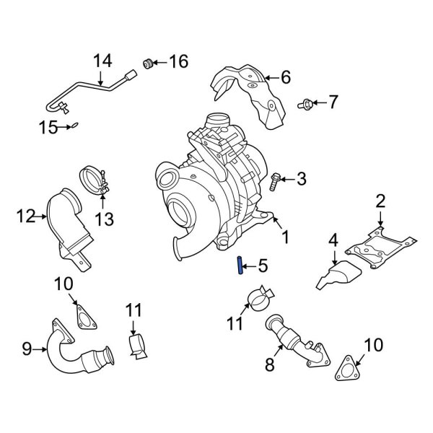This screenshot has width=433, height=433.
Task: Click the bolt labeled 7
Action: pos(305,104)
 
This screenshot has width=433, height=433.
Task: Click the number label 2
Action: pos(381,201)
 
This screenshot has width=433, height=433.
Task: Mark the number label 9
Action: pos(27,350)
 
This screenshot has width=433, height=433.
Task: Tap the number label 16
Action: pos(178,62)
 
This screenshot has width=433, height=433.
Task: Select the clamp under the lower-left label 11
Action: pos(138,347)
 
